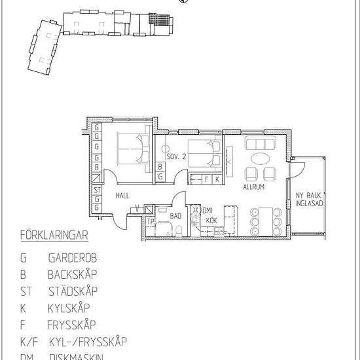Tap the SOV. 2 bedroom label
(x=177, y=157)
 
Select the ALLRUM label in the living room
(x=253, y=187)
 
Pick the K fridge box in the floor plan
(x=216, y=179)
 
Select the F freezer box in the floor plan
(x=207, y=179)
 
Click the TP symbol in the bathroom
(x=151, y=221)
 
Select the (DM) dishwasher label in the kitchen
(x=207, y=210)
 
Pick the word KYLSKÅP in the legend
(x=69, y=308)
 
